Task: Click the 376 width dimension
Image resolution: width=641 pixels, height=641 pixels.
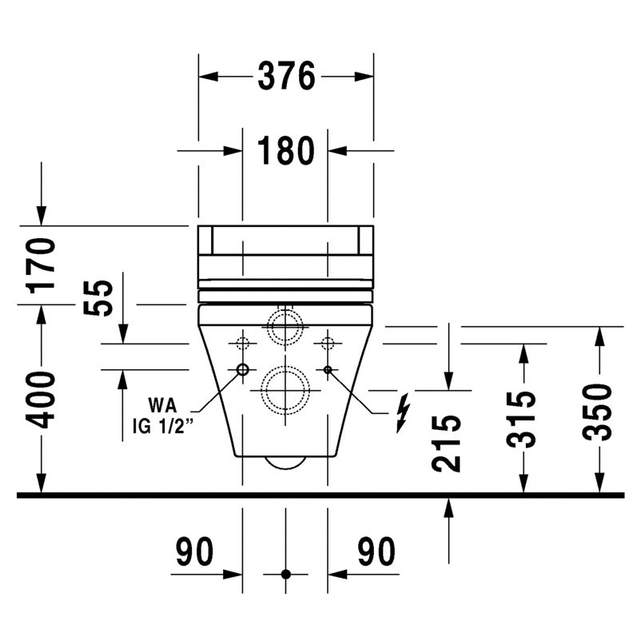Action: (x=286, y=76)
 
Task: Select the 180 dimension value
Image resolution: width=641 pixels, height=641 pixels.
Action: (x=286, y=151)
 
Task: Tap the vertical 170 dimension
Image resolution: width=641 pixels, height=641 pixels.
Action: (x=41, y=266)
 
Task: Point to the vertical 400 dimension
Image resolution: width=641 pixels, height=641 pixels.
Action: (x=41, y=400)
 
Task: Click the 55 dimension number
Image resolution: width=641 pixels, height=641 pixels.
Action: (x=98, y=297)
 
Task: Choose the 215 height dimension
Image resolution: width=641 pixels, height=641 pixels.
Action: (x=446, y=444)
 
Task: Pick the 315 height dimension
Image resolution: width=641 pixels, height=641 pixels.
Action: (x=520, y=420)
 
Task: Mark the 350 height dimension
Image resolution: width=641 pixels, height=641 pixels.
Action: (x=597, y=412)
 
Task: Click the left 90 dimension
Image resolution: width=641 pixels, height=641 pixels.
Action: (x=194, y=551)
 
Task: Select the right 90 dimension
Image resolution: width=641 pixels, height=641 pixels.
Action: (x=376, y=551)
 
